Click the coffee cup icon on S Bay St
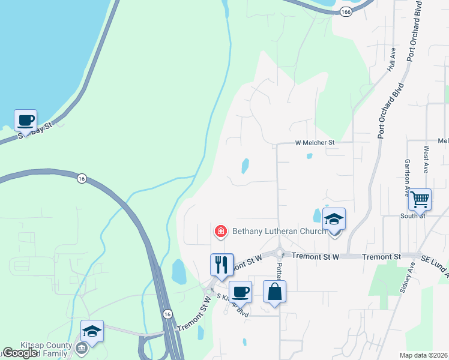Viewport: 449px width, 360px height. (x=26, y=121)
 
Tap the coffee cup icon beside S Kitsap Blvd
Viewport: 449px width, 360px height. (x=240, y=292)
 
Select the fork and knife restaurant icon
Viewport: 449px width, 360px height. (x=221, y=265)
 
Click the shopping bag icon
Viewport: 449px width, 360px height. (x=274, y=292)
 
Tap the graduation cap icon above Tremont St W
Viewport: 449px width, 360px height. (x=334, y=220)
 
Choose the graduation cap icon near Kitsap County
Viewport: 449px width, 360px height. (x=92, y=331)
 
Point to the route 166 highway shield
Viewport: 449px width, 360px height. (x=345, y=11)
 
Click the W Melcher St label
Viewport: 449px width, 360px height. (x=314, y=143)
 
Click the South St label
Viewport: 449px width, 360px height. (x=413, y=216)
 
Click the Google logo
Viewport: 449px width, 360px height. (x=20, y=353)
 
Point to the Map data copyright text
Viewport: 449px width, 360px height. (x=424, y=355)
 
